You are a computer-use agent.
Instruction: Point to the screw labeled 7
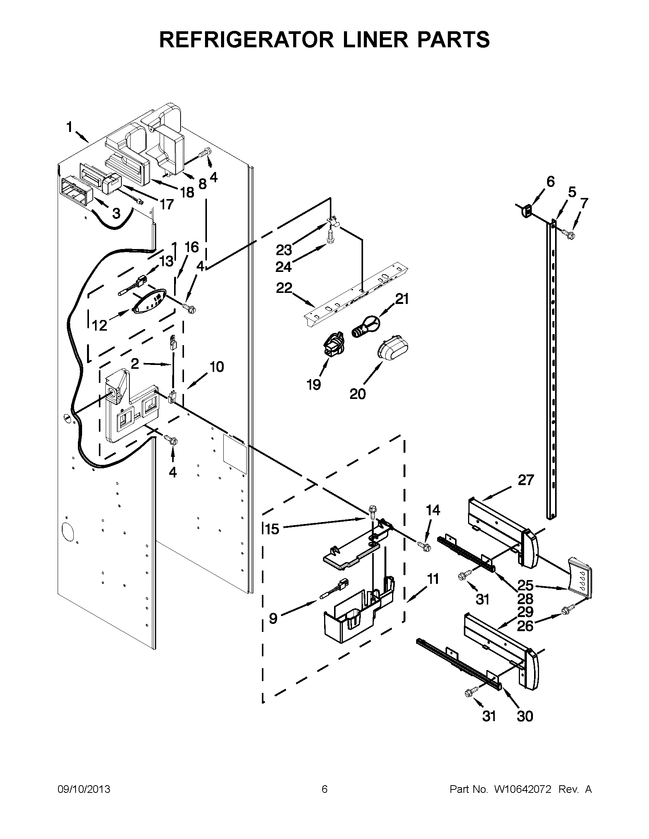[568, 233]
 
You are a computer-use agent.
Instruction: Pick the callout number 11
[433, 579]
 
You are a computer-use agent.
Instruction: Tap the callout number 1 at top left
[69, 127]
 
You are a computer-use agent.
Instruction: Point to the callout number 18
[187, 193]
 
